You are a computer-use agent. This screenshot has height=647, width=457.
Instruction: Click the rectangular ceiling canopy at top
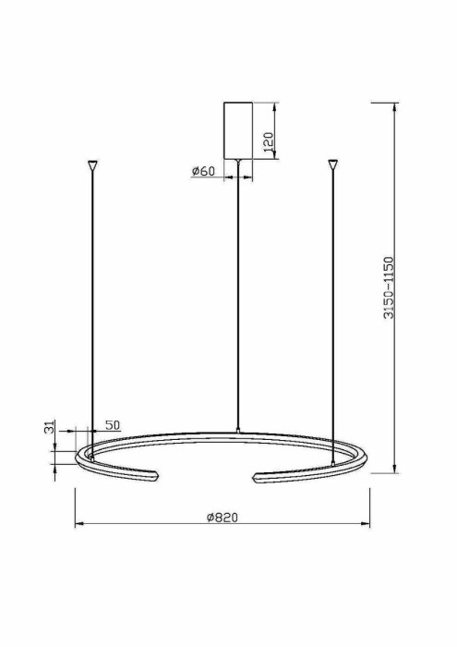238,129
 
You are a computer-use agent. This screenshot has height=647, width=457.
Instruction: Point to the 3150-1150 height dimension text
389,287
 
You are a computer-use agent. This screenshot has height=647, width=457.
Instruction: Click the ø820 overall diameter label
222,518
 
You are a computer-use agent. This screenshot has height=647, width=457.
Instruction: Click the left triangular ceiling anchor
91,165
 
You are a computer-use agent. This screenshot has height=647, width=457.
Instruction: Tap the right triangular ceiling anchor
333,165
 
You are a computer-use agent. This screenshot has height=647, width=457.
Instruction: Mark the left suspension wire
91,305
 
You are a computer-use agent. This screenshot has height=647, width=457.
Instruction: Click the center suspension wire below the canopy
238,296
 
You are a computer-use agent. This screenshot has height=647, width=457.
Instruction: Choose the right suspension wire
333,305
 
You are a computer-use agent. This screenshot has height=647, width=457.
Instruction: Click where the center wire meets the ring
238,431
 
